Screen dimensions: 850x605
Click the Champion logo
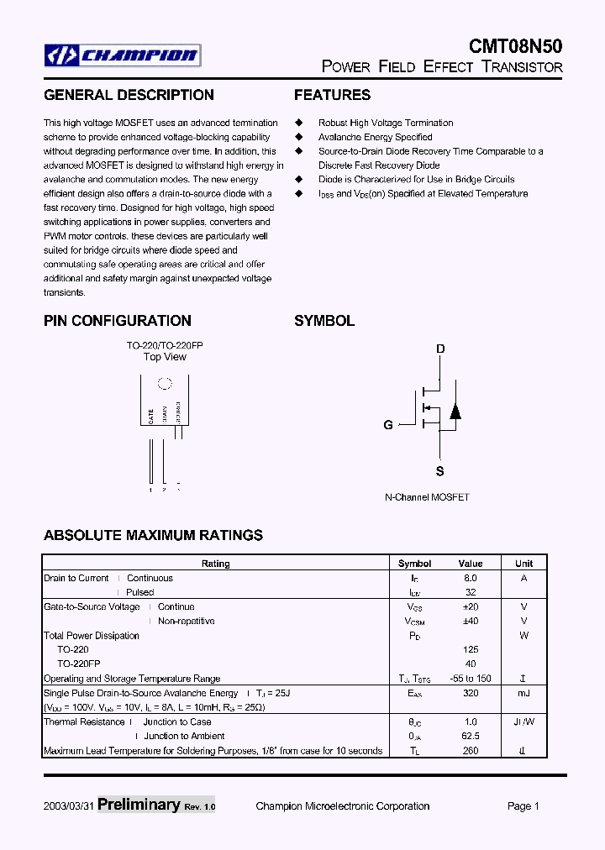click(x=123, y=56)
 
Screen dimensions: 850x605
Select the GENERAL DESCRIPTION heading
click(x=129, y=95)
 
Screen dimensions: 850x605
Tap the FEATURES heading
click(x=332, y=95)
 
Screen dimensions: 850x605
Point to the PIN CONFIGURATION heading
click(x=117, y=321)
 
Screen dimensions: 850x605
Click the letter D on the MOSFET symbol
click(x=439, y=349)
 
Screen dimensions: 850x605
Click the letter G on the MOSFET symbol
click(x=388, y=425)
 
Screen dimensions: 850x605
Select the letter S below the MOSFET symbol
click(x=439, y=471)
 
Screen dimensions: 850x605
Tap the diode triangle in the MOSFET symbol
click(x=455, y=412)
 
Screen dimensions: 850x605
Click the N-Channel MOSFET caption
click(x=427, y=497)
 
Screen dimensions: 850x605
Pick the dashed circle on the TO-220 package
click(x=165, y=384)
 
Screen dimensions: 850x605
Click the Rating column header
click(x=215, y=564)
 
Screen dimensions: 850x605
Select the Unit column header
click(x=523, y=564)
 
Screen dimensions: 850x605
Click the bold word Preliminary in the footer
click(x=138, y=805)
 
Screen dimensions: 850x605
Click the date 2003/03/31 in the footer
click(x=69, y=806)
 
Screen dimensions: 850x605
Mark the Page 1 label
click(x=523, y=806)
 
